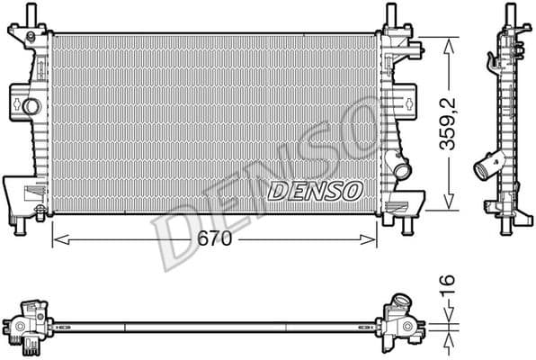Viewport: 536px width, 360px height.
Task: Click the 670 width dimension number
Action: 214,239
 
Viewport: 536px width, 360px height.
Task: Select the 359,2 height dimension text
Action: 456,122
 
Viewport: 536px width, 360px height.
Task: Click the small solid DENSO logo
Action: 316,190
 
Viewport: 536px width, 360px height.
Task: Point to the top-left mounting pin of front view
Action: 32,15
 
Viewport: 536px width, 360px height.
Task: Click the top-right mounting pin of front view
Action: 390,15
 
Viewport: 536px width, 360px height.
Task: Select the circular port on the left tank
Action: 31,107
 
